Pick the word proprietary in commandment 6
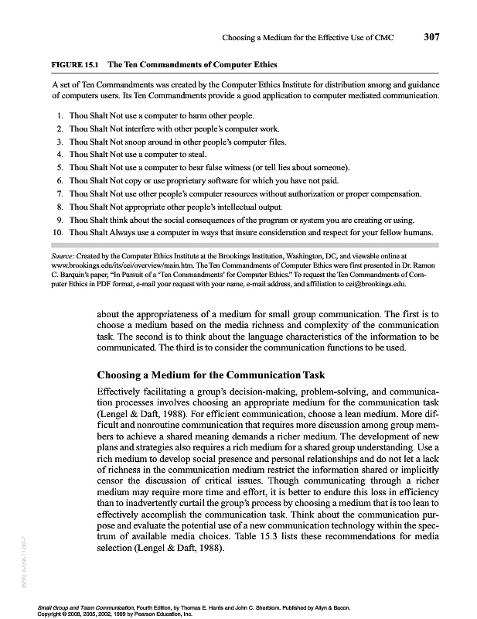click(x=189, y=180)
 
